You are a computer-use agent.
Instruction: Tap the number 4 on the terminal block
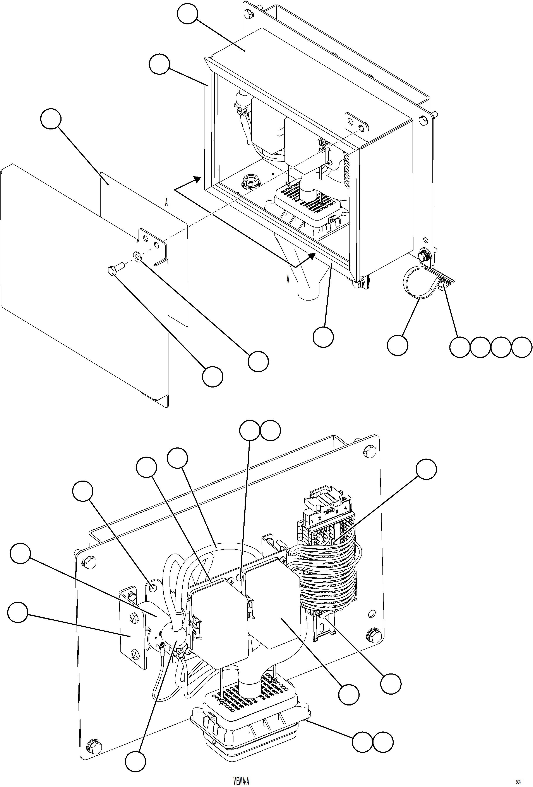coord(345,508)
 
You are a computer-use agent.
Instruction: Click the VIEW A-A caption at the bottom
coord(241,780)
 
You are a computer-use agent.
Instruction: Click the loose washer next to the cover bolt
coord(137,255)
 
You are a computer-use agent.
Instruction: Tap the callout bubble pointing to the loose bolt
coord(213,376)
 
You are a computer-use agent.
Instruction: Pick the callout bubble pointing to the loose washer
coord(258,361)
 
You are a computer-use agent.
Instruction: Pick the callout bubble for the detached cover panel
coord(51,119)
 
